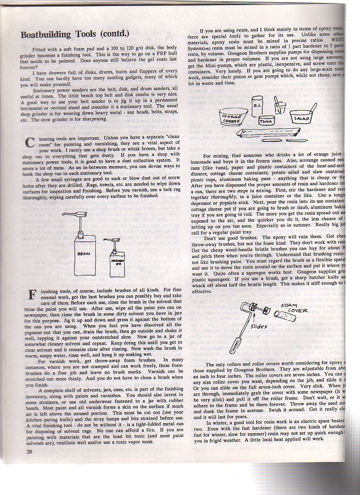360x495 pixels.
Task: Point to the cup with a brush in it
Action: coord(280,106)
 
